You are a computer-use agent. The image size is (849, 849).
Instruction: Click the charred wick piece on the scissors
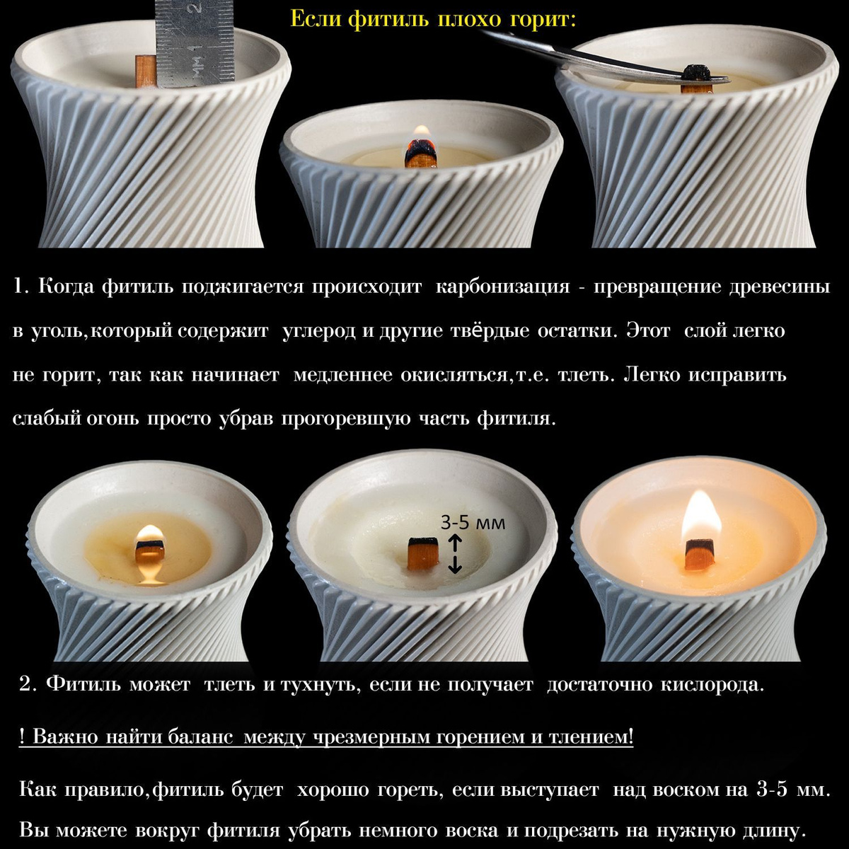(697, 72)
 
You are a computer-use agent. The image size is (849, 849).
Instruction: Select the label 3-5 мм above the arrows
(473, 524)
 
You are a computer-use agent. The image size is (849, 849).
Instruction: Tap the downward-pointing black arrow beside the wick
(455, 565)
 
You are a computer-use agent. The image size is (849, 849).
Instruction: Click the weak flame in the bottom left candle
(150, 533)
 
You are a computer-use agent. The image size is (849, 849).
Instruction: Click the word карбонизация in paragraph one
(502, 287)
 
